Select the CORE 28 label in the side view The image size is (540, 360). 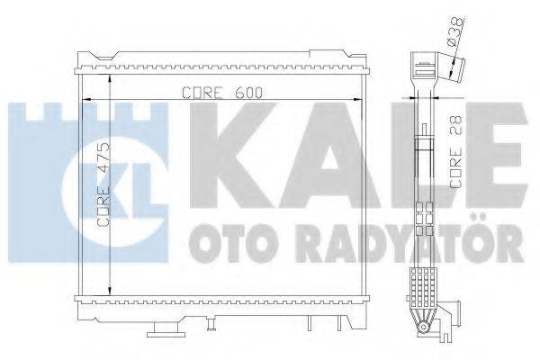[456, 157]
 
